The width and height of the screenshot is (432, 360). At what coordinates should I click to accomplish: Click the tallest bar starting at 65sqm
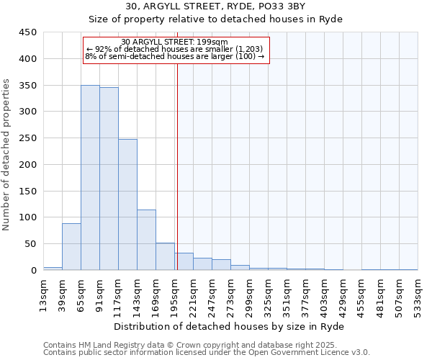[x=90, y=177]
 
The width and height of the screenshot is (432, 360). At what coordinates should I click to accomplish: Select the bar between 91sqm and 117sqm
[x=109, y=179]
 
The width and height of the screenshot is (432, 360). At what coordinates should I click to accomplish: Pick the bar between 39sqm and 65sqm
[x=71, y=246]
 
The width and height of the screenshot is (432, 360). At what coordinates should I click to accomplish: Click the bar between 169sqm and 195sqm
[x=165, y=256]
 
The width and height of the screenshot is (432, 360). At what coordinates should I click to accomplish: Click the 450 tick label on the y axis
[x=28, y=32]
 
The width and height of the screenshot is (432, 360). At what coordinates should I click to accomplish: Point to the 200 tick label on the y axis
[x=28, y=164]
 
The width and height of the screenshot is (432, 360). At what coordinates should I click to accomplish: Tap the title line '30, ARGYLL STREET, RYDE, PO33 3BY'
[x=216, y=7]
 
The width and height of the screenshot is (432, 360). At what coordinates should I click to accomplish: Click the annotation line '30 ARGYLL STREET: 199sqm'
[x=175, y=42]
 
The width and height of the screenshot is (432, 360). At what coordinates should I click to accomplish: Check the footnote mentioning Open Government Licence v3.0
[x=207, y=353]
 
